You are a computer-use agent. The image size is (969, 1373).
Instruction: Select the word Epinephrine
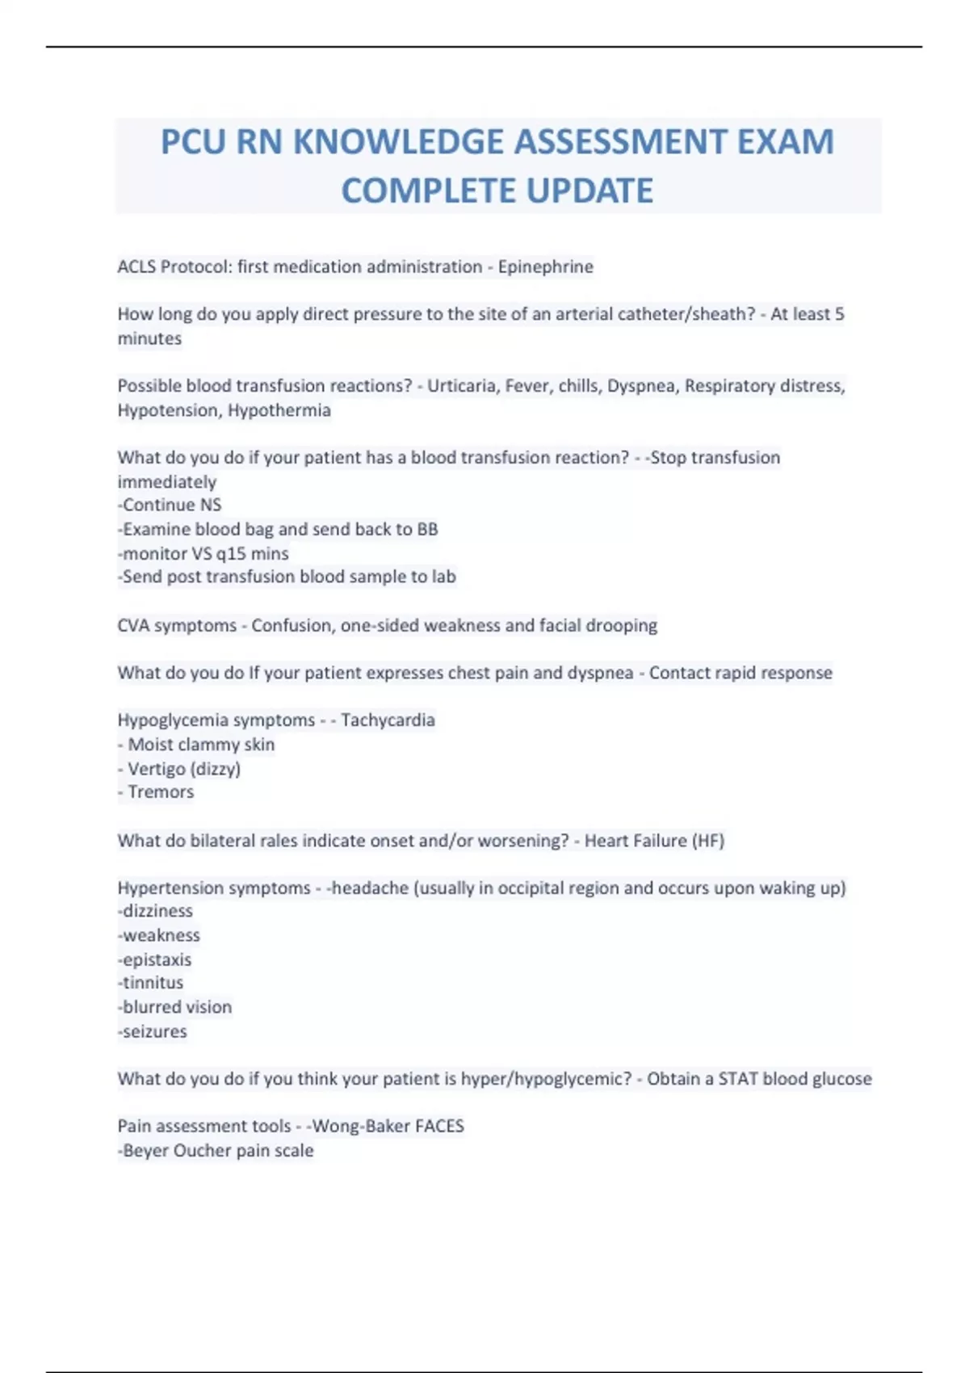(545, 267)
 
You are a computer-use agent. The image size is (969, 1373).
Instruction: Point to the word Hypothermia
(279, 410)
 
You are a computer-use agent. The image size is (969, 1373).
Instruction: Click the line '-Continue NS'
(170, 506)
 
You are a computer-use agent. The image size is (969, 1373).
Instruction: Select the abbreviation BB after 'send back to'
(427, 530)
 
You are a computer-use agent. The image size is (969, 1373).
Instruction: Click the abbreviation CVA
(133, 626)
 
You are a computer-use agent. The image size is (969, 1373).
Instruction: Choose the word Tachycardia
(388, 720)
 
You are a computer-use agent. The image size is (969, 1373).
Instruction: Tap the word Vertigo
(155, 769)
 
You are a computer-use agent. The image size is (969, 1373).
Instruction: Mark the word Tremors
(161, 792)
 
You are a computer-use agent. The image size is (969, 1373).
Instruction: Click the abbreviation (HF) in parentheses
(707, 841)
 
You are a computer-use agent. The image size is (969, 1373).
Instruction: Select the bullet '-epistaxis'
(155, 960)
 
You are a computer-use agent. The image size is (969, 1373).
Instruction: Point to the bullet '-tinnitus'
(151, 983)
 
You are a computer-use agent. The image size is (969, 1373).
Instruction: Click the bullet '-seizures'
(153, 1032)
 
